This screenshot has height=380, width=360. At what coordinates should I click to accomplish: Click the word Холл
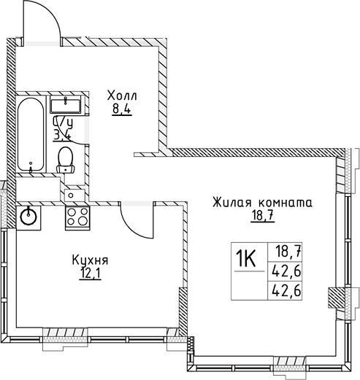tap(121, 96)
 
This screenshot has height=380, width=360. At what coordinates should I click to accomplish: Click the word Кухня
tap(91, 259)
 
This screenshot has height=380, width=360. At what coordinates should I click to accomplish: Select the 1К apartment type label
tap(248, 257)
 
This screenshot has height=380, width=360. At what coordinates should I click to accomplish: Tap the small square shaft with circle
tap(71, 194)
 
